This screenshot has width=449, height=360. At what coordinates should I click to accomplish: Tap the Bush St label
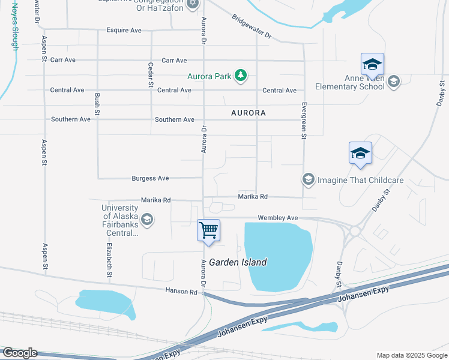97,105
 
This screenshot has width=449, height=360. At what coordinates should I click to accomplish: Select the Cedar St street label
150,75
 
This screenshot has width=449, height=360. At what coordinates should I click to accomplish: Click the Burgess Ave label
151,178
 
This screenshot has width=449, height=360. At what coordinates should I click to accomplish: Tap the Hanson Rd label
181,292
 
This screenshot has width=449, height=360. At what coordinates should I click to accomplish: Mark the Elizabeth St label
109,259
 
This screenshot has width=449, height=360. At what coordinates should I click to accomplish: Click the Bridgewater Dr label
252,26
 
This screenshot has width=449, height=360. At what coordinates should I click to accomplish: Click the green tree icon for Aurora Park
241,75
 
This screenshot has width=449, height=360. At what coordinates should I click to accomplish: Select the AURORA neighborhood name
249,113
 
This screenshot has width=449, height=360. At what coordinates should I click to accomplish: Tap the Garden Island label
243,262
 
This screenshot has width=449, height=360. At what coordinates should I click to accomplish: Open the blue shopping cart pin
208,230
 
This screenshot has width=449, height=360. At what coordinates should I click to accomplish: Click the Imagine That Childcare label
360,179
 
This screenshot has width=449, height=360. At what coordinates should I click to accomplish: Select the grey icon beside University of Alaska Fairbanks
147,220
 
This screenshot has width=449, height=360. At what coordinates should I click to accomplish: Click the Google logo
19,353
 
